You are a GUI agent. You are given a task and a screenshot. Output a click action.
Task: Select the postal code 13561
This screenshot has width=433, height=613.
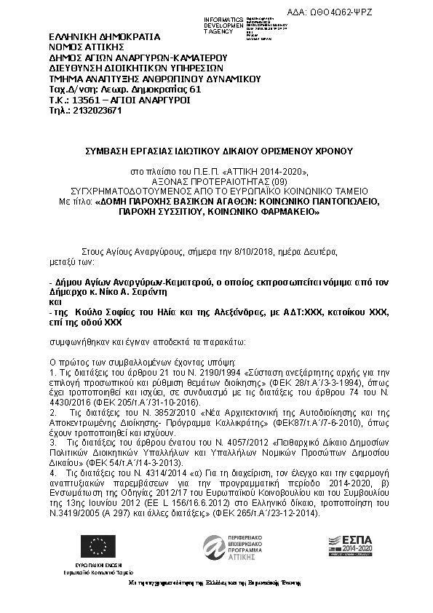[x=80, y=100]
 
